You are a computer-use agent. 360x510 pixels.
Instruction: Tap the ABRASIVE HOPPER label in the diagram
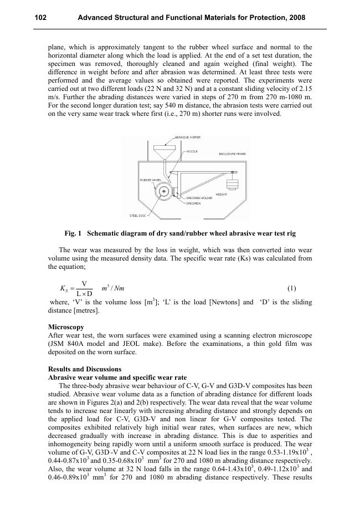(x=188, y=137)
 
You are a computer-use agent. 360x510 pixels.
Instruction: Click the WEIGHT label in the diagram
(x=222, y=195)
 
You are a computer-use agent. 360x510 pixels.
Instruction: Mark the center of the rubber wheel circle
(x=164, y=191)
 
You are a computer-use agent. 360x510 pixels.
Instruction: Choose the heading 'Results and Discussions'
(x=85, y=369)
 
